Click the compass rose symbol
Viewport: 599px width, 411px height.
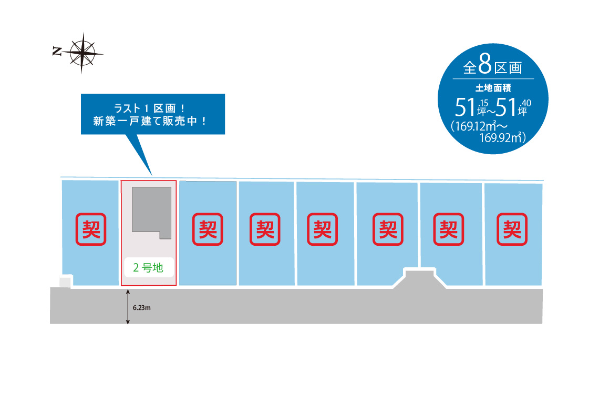click(82, 52)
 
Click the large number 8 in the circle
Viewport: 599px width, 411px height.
click(485, 64)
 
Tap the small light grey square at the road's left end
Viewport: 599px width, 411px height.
click(65, 282)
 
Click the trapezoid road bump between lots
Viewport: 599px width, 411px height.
click(420, 278)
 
